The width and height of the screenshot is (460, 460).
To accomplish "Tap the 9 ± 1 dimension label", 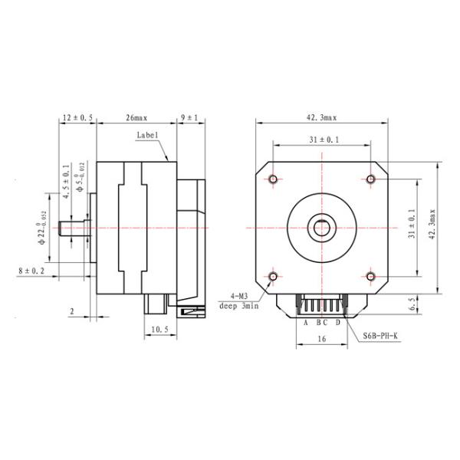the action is point(189,118).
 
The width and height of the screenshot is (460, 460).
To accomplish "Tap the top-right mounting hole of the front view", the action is point(371,179).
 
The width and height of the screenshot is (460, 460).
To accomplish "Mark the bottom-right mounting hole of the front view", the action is point(371,276).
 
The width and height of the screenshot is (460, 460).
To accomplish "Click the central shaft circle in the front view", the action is point(322,228).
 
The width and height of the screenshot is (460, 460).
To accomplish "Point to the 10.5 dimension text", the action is point(160,330).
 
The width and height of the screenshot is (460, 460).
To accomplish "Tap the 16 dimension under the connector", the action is point(322,338).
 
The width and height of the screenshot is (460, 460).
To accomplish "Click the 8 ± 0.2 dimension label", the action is point(31,271).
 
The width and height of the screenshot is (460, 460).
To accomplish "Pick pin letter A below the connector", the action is point(306,322).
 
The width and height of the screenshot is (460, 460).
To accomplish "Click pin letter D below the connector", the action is point(338,322).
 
